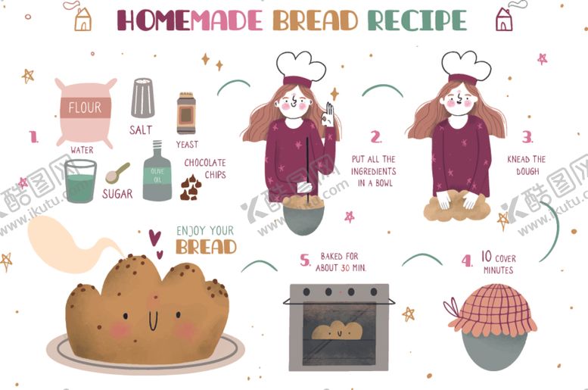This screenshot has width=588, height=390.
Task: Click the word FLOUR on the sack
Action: [85, 108]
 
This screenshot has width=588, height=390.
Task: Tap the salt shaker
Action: [143, 98]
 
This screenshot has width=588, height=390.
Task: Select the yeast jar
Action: [186, 113]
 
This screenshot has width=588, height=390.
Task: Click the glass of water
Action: [80, 181]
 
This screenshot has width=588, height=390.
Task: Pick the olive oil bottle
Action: [157, 171]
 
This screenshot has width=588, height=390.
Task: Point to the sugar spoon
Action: [117, 173]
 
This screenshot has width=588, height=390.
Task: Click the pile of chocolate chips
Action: [191, 187]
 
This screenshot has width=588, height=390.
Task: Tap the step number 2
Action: [376, 137]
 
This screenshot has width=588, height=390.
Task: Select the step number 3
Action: [527, 137]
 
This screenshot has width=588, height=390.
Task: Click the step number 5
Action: [305, 260]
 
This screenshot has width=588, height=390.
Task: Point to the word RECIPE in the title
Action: [417, 20]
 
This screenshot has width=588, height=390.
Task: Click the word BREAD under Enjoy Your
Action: [206, 247]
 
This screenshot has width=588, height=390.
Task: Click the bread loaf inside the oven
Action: [337, 330]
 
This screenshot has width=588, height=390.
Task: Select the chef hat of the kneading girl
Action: [466, 68]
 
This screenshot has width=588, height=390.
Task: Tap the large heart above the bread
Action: [154, 237]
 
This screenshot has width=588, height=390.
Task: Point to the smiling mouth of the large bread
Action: [153, 321]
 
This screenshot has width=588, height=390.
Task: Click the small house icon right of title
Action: [504, 19]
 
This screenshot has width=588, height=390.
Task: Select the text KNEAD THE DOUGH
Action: [527, 165]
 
